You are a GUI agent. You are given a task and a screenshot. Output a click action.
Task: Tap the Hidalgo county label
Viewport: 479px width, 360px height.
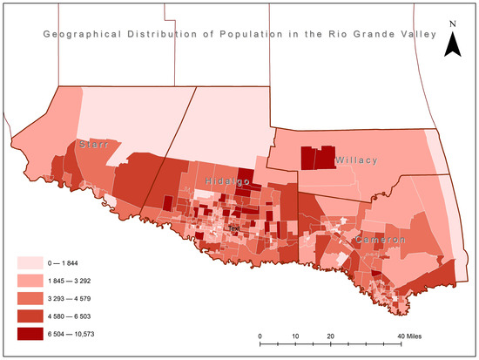(228, 180)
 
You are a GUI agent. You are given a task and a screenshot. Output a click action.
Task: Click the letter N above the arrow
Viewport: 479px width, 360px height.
(452, 24)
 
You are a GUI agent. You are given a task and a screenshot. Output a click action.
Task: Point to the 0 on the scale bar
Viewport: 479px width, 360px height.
(260, 335)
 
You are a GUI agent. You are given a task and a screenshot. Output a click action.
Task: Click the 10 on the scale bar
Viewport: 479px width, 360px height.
(295, 335)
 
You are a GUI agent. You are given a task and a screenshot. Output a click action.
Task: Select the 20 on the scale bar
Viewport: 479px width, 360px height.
(330, 335)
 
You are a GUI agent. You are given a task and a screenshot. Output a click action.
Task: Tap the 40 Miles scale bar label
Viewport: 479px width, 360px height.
(409, 335)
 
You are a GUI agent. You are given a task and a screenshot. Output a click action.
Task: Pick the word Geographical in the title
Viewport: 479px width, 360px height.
(69, 36)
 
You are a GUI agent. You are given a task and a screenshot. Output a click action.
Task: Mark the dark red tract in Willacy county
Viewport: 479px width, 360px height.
(317, 157)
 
